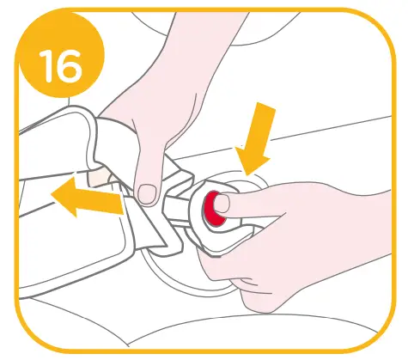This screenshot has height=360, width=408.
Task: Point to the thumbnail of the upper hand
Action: click(x=149, y=191)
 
